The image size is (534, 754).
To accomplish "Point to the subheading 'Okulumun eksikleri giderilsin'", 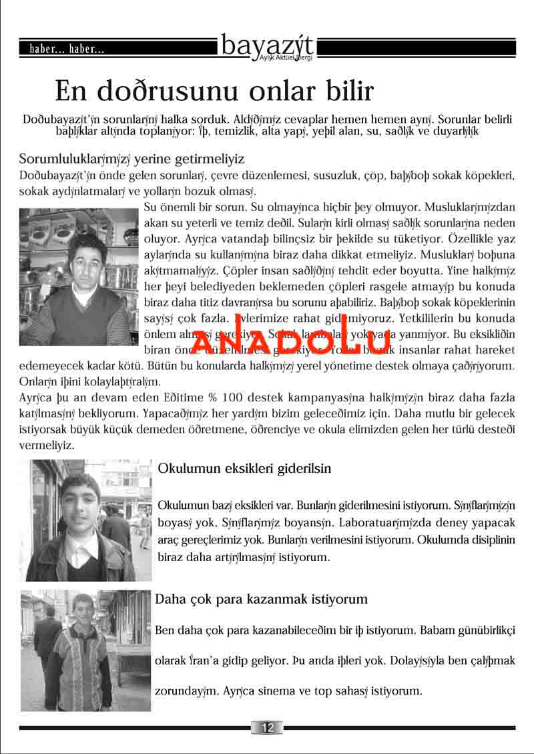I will [244, 468].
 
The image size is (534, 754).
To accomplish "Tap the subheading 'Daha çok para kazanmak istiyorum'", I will [261, 599].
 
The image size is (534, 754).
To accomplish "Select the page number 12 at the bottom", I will [267, 727].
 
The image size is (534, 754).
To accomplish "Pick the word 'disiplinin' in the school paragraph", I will [491, 538].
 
